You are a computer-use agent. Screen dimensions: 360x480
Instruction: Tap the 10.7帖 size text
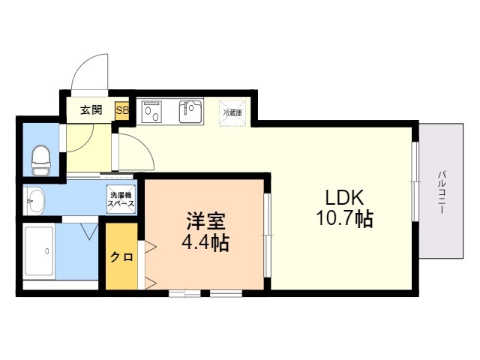[x=344, y=220]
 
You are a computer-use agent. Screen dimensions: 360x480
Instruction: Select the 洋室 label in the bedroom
[x=203, y=222]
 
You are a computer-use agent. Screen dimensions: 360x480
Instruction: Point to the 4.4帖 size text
[x=204, y=243]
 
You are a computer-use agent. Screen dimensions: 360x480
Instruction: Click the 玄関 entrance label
[x=91, y=109]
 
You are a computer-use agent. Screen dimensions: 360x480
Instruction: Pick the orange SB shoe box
[x=121, y=110]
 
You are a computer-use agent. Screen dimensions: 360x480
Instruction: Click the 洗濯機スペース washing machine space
[x=121, y=198]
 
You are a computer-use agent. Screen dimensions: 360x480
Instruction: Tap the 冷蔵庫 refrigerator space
[x=232, y=111]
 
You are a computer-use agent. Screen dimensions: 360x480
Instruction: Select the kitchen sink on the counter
[x=190, y=112]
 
